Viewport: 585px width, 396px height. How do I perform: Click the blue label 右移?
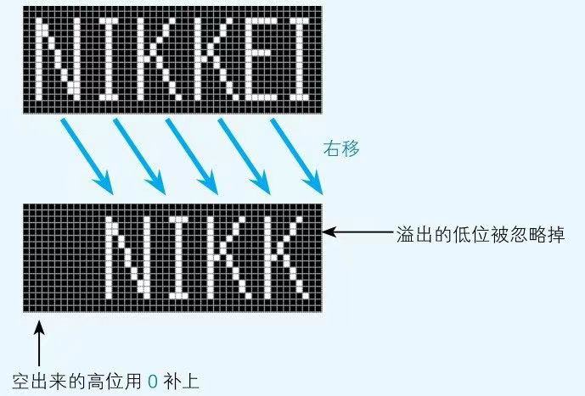(341, 148)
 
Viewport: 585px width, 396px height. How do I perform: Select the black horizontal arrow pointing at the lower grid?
(357, 231)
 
